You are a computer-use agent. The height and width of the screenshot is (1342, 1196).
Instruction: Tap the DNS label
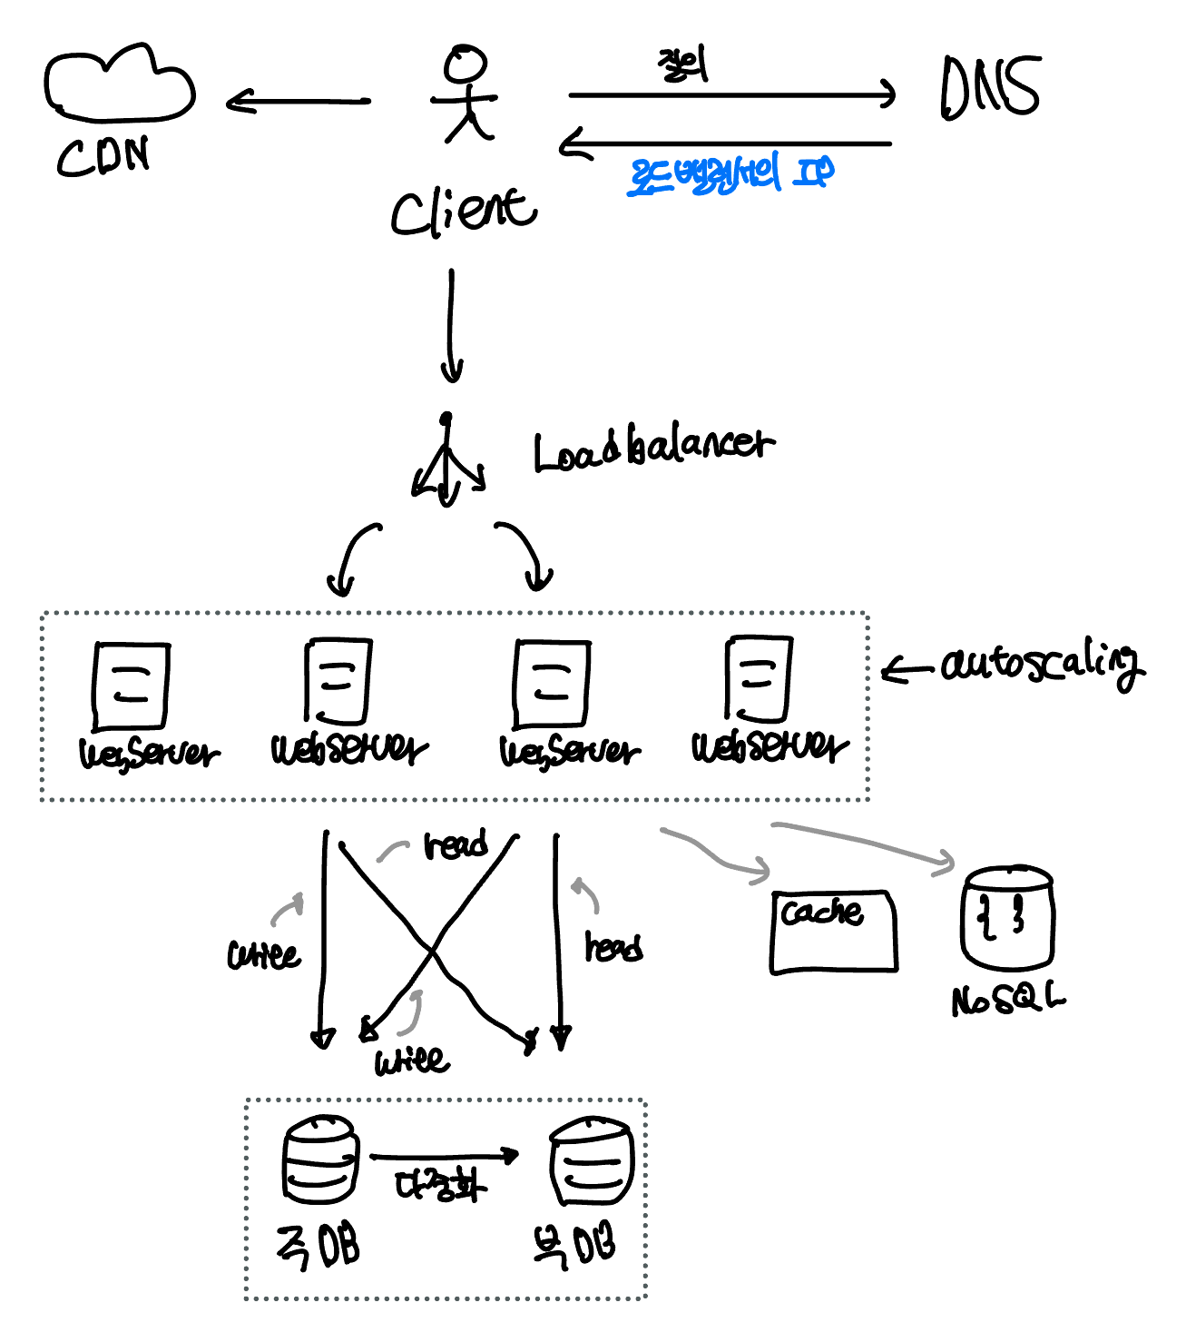point(989,87)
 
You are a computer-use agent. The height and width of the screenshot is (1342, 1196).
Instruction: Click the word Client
point(463,211)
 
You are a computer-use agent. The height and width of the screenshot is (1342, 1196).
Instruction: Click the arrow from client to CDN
point(298,102)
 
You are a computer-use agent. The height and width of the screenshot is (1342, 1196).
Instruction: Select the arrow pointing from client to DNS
point(730,94)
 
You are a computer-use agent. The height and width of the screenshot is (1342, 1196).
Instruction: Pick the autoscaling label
point(1042,665)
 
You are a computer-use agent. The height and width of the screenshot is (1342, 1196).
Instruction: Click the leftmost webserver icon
point(131,686)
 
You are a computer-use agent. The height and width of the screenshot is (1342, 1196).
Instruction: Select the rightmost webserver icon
point(759,679)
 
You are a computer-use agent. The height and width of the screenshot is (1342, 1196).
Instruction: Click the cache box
point(833,932)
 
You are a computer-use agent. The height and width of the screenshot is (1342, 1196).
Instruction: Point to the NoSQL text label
point(1007,1000)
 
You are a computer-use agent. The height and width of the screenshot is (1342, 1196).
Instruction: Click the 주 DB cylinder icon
point(320,1160)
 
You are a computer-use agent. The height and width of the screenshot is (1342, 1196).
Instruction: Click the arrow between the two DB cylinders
point(445,1156)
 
